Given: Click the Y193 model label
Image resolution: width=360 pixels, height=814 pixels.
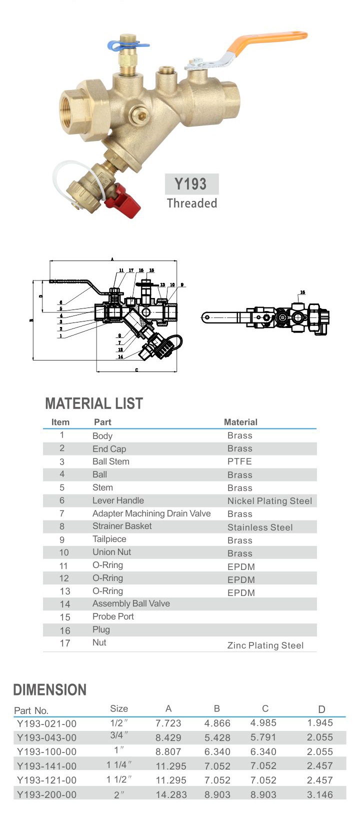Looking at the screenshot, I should click(x=191, y=184).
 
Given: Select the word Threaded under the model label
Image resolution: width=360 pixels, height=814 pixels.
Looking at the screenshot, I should click(x=192, y=203).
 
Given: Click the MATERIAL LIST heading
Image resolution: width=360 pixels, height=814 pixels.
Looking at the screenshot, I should click(x=94, y=403).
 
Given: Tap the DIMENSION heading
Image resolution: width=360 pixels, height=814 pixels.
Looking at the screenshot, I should click(x=49, y=690).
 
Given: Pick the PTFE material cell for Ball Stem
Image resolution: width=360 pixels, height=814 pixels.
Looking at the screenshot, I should click(x=239, y=461).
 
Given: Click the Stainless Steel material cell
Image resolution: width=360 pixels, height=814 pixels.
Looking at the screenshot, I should click(x=260, y=527).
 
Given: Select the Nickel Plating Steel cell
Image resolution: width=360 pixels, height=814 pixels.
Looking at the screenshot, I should click(x=269, y=501).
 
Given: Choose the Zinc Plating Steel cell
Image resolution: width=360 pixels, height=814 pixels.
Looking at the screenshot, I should click(x=265, y=645).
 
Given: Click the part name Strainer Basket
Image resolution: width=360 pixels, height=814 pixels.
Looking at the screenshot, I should click(x=122, y=526).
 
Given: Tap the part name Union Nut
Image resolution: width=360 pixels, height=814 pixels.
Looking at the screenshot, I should click(x=111, y=552).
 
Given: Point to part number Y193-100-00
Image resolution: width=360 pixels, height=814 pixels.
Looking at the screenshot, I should click(x=47, y=752).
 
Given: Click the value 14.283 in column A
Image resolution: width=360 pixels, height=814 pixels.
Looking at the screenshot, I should click(x=171, y=794).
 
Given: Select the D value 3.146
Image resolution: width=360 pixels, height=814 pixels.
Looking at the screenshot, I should click(x=320, y=794).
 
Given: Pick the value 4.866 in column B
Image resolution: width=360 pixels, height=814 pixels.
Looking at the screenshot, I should click(x=217, y=723).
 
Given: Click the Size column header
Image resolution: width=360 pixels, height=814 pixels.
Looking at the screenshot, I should click(x=119, y=708).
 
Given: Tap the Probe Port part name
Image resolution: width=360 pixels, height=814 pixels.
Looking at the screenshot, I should click(x=113, y=616).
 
